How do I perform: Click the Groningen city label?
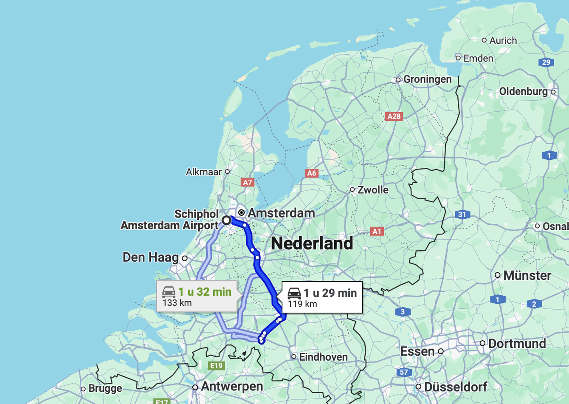tap(427, 79)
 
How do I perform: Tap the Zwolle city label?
tap(372, 190)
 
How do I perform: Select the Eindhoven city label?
tap(323, 357)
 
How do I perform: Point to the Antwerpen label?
tap(232, 387)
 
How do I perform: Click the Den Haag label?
tap(151, 257)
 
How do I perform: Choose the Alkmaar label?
tap(204, 172)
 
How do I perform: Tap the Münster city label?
tap(527, 276)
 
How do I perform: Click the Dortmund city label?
tap(517, 343)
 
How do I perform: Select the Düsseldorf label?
tap(455, 387)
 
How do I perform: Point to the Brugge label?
tap(105, 389)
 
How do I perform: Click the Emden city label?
tap(478, 58)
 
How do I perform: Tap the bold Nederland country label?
tap(312, 243)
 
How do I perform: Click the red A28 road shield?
tap(394, 116)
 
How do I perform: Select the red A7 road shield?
tap(247, 182)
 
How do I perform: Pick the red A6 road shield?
tap(312, 173)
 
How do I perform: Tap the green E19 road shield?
tap(216, 366)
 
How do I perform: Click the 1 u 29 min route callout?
tap(322, 297)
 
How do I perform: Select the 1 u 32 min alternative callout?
tap(197, 297)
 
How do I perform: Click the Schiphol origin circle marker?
tap(226, 220)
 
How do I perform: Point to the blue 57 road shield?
tap(403, 373)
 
